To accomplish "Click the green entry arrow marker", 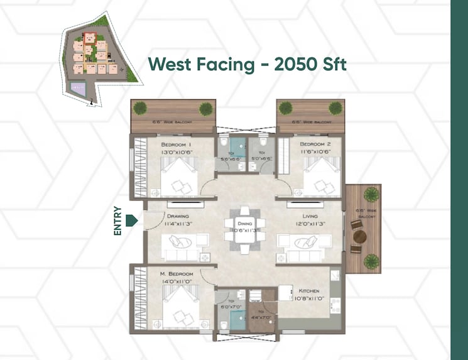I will [x=131, y=220].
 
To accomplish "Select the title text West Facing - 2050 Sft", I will [x=247, y=65].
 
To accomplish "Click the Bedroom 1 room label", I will [x=175, y=144].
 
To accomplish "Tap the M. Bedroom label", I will [x=176, y=275].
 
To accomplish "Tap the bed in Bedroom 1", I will [x=180, y=178].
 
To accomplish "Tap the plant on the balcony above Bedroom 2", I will [x=335, y=108].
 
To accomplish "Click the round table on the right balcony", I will [x=360, y=237].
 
